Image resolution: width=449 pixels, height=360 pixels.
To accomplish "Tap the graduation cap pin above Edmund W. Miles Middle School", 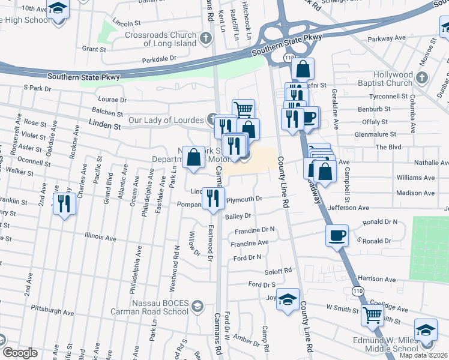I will tap(426, 331).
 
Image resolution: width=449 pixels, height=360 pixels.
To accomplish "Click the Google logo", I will tap(20, 353).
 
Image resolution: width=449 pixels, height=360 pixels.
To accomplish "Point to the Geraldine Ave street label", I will tap(329, 110).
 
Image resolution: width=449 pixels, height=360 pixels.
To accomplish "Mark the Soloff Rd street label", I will tap(279, 271).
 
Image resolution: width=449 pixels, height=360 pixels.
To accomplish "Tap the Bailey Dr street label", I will tap(238, 215).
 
